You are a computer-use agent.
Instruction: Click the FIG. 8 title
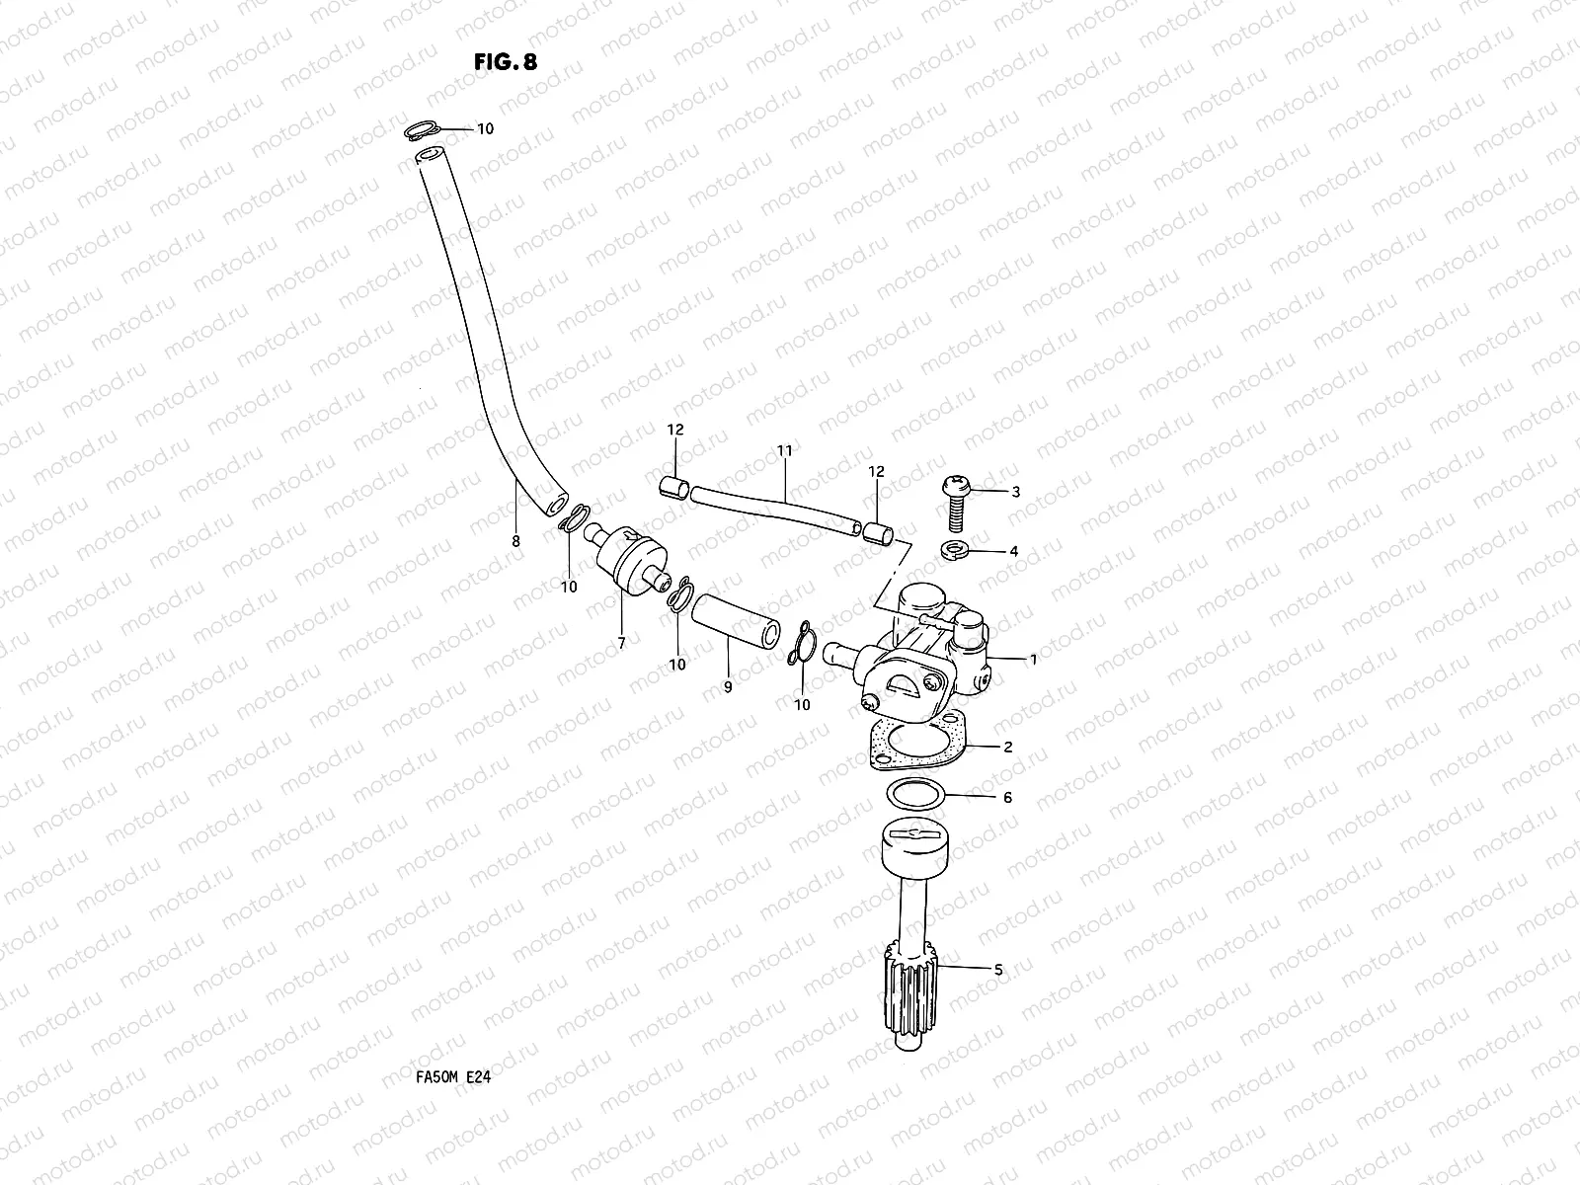tap(506, 61)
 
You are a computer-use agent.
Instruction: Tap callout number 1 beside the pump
tap(1033, 659)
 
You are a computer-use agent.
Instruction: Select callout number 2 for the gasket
tap(1007, 748)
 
